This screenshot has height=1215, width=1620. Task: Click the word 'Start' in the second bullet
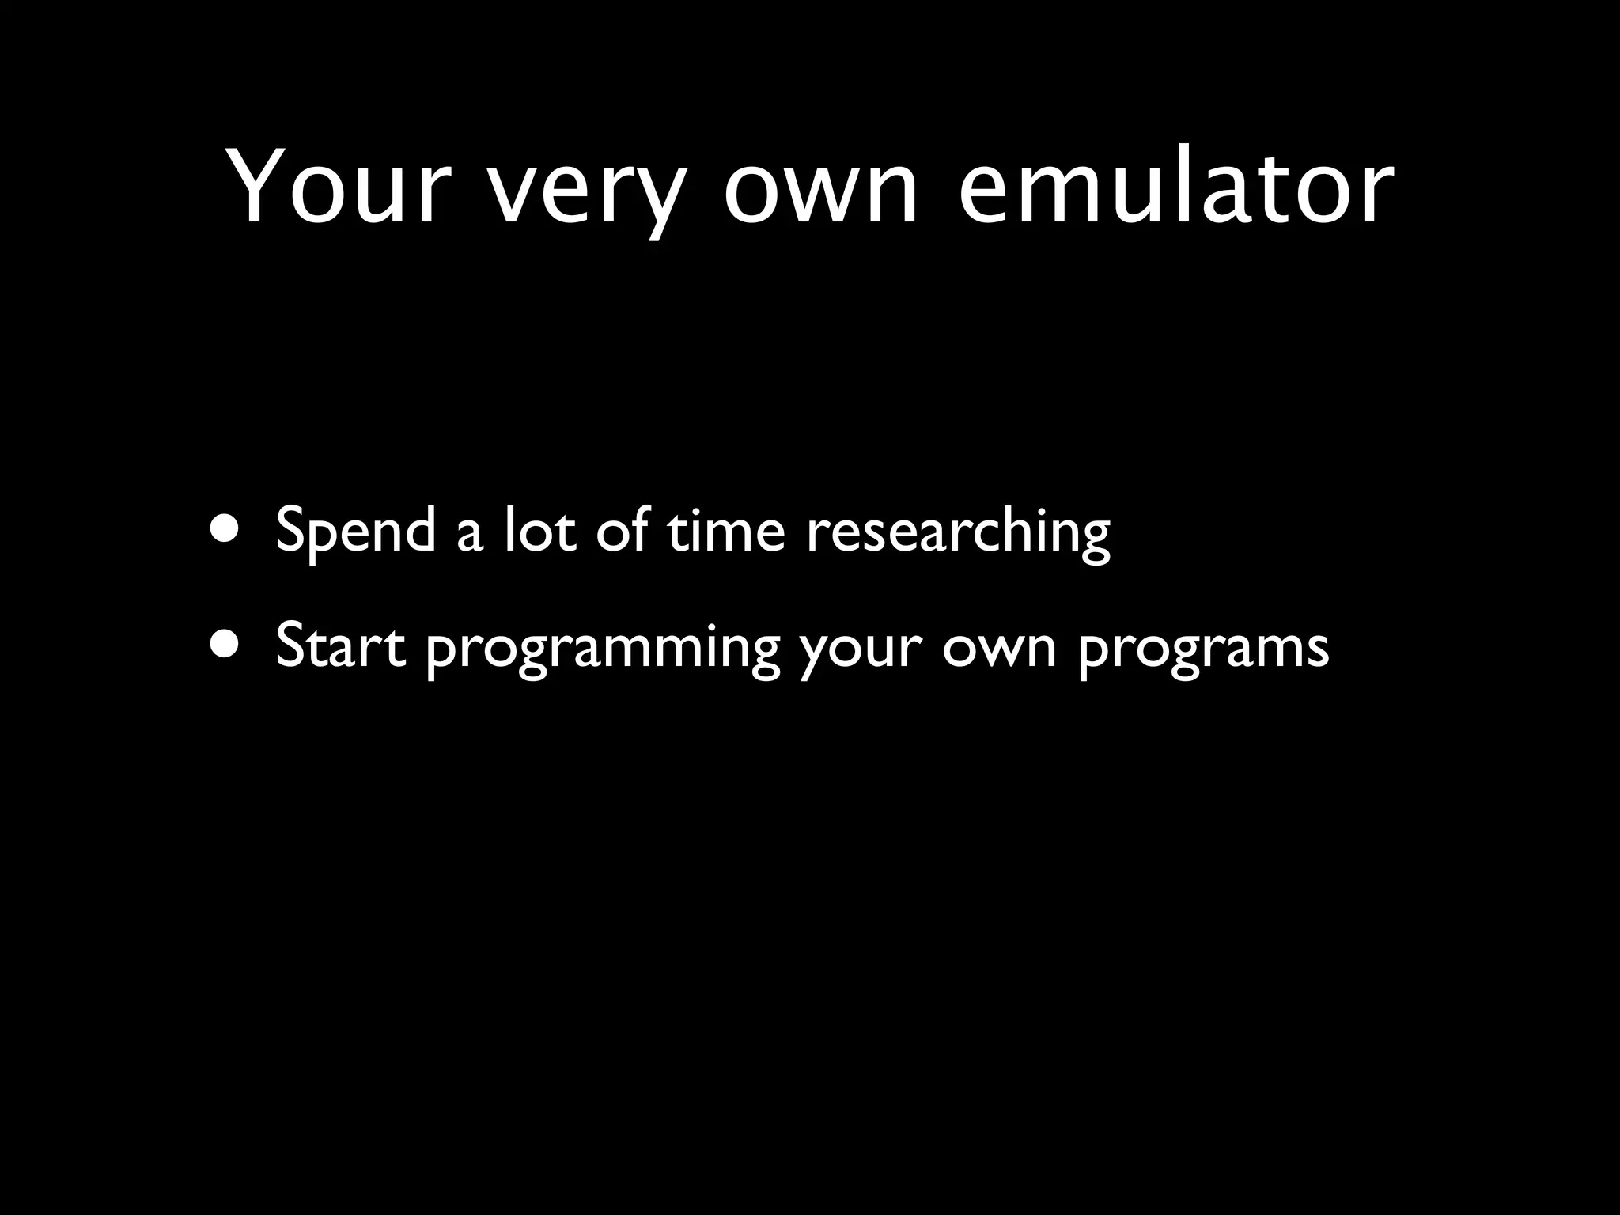[x=341, y=645]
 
